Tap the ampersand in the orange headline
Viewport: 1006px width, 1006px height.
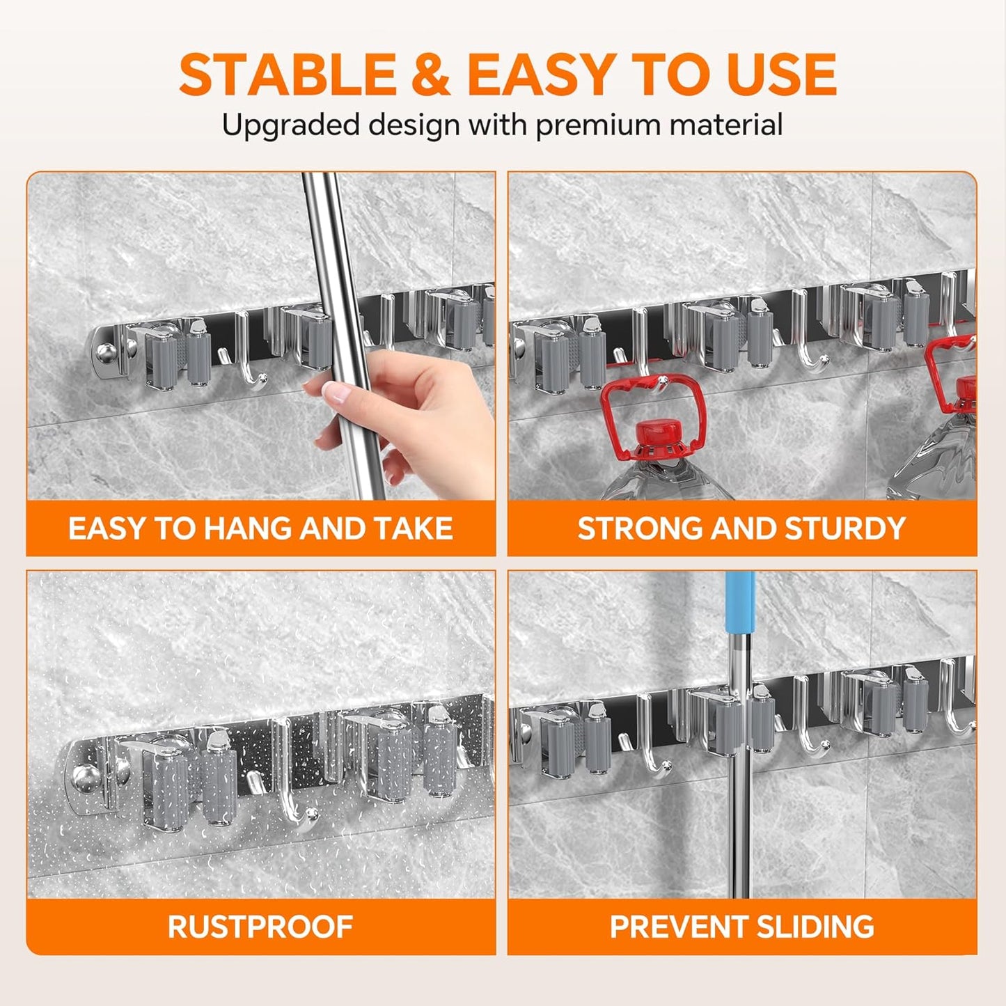(430, 74)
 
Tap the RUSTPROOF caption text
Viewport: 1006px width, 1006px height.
(260, 927)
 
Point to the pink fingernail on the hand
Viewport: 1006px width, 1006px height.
(336, 392)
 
